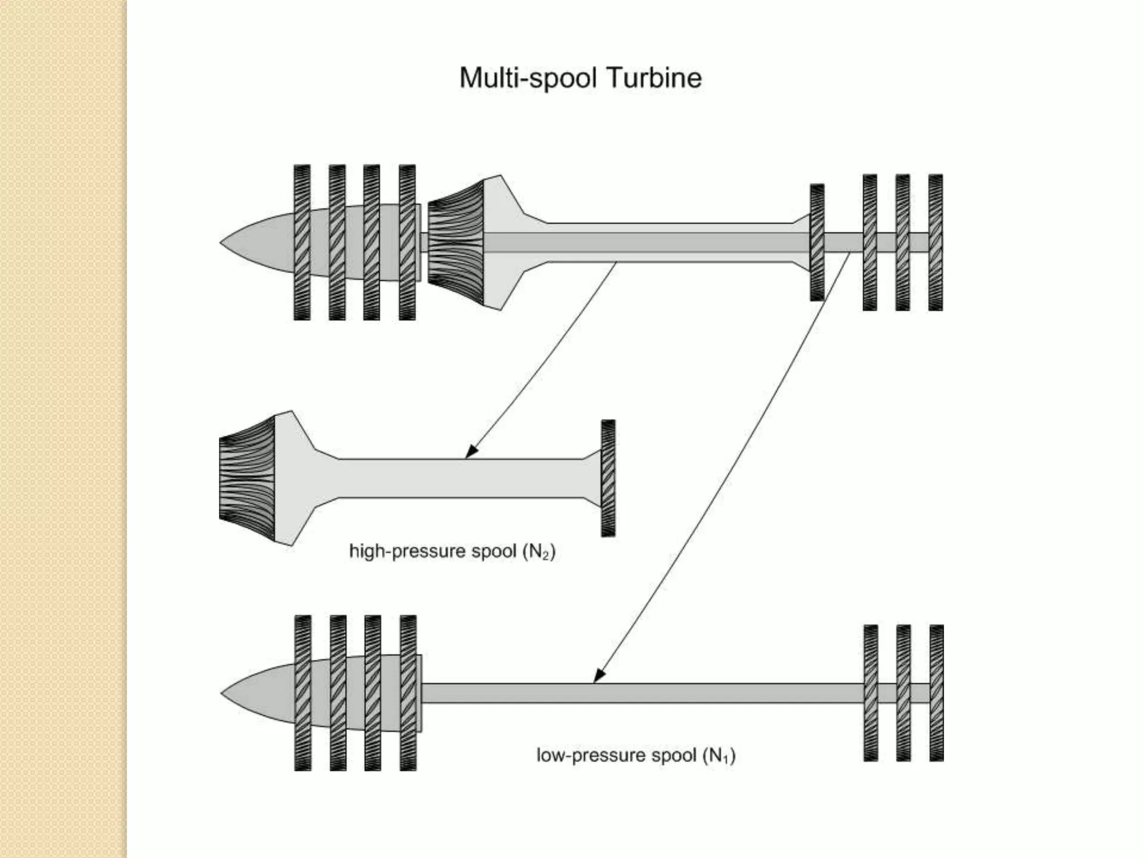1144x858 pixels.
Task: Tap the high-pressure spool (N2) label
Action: (x=452, y=551)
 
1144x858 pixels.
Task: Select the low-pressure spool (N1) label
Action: (x=636, y=755)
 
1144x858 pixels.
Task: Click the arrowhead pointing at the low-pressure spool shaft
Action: (x=599, y=675)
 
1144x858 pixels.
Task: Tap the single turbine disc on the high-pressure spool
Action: (x=608, y=478)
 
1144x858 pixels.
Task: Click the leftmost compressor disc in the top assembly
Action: (x=302, y=242)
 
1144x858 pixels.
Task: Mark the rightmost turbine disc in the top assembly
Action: (x=936, y=242)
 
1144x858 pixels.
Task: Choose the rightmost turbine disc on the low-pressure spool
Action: (x=937, y=693)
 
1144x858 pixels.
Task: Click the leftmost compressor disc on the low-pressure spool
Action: (x=303, y=693)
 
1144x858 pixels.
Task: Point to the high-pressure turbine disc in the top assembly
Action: (x=817, y=242)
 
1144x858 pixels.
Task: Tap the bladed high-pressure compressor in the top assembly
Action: (x=455, y=242)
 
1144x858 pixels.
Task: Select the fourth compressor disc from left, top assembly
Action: (x=407, y=242)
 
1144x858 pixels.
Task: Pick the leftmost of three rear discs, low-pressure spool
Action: (x=871, y=693)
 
